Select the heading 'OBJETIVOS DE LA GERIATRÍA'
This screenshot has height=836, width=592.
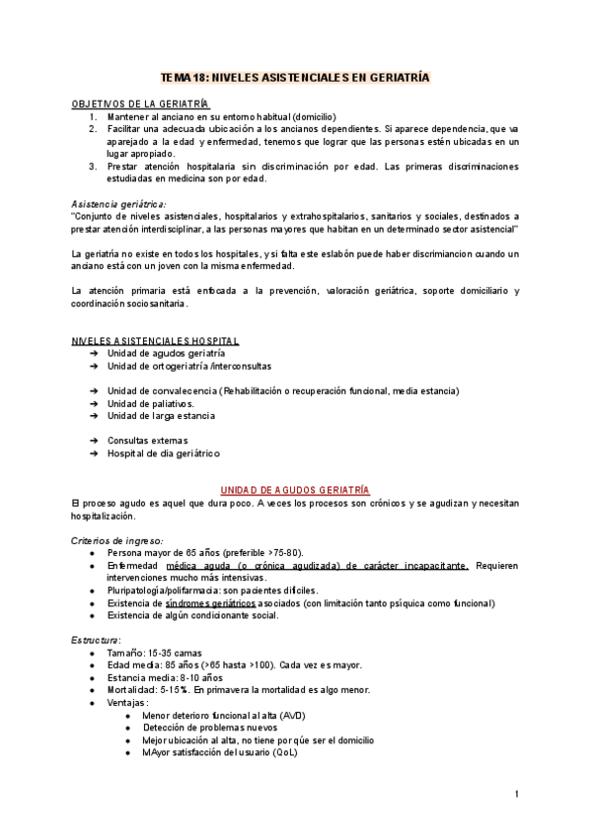[140, 104]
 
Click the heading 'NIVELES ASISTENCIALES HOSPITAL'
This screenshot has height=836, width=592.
[155, 341]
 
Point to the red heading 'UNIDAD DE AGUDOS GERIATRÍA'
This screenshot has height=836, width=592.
[295, 490]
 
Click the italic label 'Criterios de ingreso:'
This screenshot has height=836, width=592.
[117, 540]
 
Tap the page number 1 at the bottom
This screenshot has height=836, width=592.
[516, 794]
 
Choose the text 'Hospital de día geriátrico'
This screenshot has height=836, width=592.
[164, 453]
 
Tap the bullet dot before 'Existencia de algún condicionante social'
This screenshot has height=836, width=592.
[93, 615]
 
